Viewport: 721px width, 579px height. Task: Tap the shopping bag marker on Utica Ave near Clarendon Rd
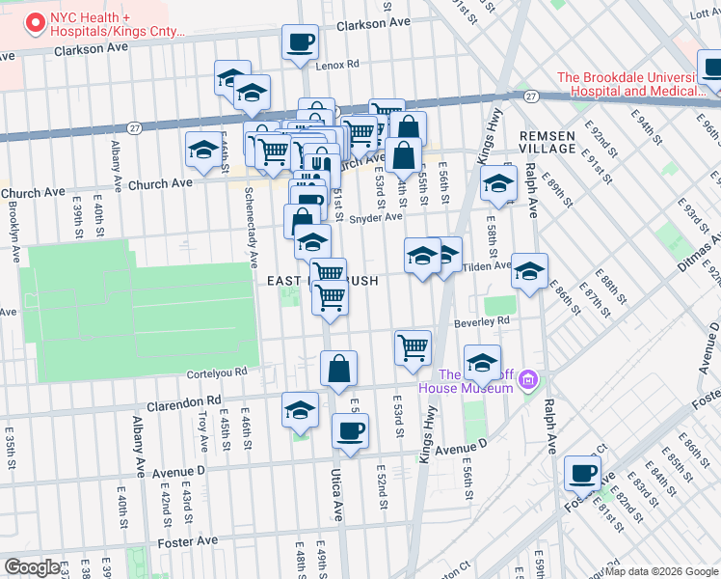(x=338, y=370)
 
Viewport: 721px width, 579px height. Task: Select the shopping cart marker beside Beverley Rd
(x=414, y=348)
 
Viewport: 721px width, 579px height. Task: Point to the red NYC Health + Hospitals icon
(x=37, y=20)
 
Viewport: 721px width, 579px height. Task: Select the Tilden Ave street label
(x=487, y=266)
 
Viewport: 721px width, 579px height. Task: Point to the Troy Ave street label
(x=203, y=430)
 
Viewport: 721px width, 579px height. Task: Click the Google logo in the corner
(x=32, y=567)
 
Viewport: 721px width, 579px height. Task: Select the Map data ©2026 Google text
(x=661, y=571)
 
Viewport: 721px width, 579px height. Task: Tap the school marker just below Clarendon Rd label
(x=301, y=411)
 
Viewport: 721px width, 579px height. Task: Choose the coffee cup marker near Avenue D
(x=350, y=432)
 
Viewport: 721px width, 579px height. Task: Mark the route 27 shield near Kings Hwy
(x=531, y=96)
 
